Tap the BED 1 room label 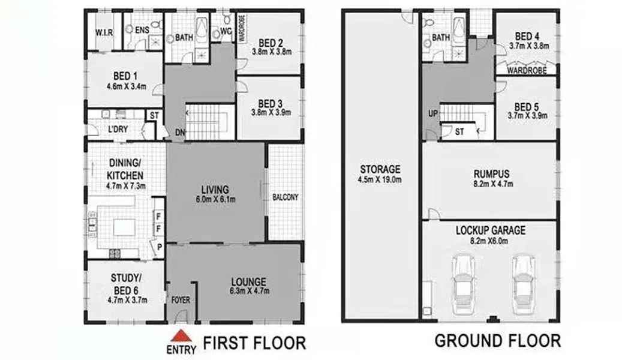[x=125, y=76]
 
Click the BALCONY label [x=285, y=197]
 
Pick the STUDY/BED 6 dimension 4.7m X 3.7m [x=125, y=299]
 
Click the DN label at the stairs [x=179, y=133]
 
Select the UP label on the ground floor [x=432, y=113]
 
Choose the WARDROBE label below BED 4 [x=525, y=70]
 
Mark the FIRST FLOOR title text [x=254, y=343]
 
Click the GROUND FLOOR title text [x=497, y=341]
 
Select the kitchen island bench [x=125, y=227]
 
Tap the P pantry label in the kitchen [x=159, y=247]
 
